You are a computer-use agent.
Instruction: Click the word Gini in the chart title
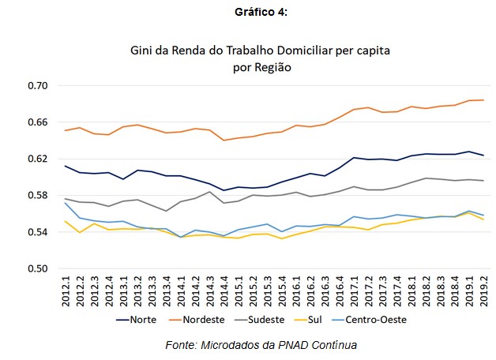click(x=144, y=51)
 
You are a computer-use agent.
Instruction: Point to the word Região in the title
click(x=273, y=68)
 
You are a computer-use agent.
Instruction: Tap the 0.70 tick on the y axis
click(x=38, y=85)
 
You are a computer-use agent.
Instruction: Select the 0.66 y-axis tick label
click(x=38, y=122)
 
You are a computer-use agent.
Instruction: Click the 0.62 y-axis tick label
click(x=38, y=159)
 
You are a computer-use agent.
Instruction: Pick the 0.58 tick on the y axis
click(x=38, y=195)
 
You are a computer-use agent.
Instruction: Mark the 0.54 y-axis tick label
click(x=38, y=232)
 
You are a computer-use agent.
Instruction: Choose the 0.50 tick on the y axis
click(x=38, y=268)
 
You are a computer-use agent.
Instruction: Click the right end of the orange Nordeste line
click(x=482, y=100)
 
